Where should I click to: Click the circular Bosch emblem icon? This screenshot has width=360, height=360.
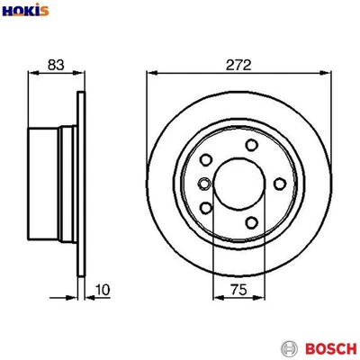click(x=290, y=346)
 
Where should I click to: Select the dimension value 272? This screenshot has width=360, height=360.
click(x=238, y=65)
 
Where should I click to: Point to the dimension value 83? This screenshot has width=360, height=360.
click(x=55, y=65)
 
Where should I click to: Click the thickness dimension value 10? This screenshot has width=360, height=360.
click(x=103, y=290)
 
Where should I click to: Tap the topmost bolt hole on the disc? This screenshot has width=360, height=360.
click(x=252, y=146)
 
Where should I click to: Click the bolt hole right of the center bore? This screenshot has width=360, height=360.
click(x=281, y=184)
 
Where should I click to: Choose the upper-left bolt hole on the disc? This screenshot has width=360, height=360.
click(x=208, y=159)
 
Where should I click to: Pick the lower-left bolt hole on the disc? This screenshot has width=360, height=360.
click(x=208, y=209)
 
